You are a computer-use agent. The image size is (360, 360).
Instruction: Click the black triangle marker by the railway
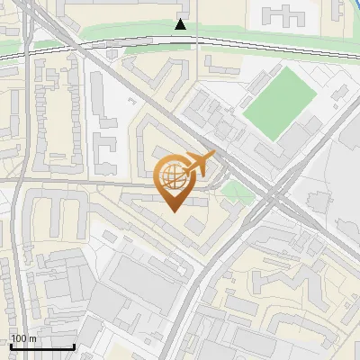[x=182, y=24]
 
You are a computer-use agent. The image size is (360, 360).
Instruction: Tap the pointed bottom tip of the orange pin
[x=175, y=211]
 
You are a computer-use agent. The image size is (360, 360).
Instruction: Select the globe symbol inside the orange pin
[x=174, y=176]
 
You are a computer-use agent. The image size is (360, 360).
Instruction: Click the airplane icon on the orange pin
[x=200, y=165]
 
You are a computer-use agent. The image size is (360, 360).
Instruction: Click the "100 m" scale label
[x=23, y=338]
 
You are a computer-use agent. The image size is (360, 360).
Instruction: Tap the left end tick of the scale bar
[x=11, y=345]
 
